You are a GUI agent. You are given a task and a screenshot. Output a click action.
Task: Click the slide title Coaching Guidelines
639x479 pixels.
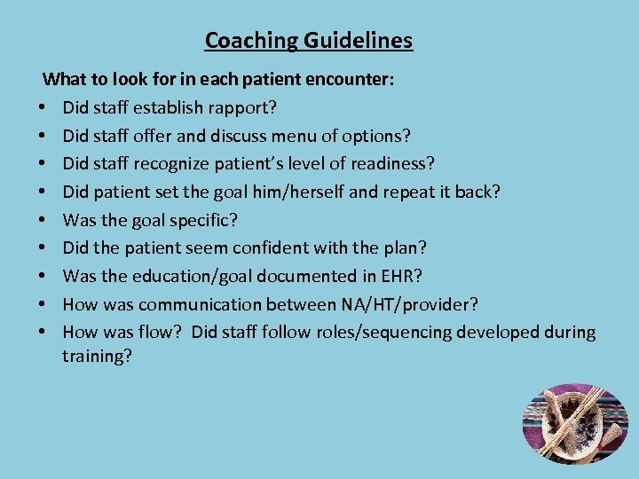308,41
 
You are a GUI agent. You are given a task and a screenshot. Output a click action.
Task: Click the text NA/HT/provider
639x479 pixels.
408,304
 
